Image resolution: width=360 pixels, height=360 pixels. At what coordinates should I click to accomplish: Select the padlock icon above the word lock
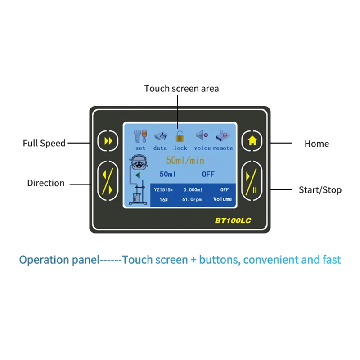(x=180, y=135)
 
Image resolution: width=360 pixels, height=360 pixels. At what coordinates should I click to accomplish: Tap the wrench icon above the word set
(x=140, y=135)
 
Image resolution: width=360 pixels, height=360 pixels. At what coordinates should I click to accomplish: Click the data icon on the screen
(x=160, y=135)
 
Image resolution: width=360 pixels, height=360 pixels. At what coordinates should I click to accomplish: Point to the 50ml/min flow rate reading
(x=185, y=160)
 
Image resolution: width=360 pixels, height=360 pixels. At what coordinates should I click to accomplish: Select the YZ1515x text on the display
(x=163, y=189)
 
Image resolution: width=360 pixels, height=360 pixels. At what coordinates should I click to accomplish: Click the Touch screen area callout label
(x=181, y=89)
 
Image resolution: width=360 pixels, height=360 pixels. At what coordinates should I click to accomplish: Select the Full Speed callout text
(x=44, y=144)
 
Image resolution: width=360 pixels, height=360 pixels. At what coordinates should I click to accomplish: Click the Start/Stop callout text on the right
(x=320, y=190)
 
